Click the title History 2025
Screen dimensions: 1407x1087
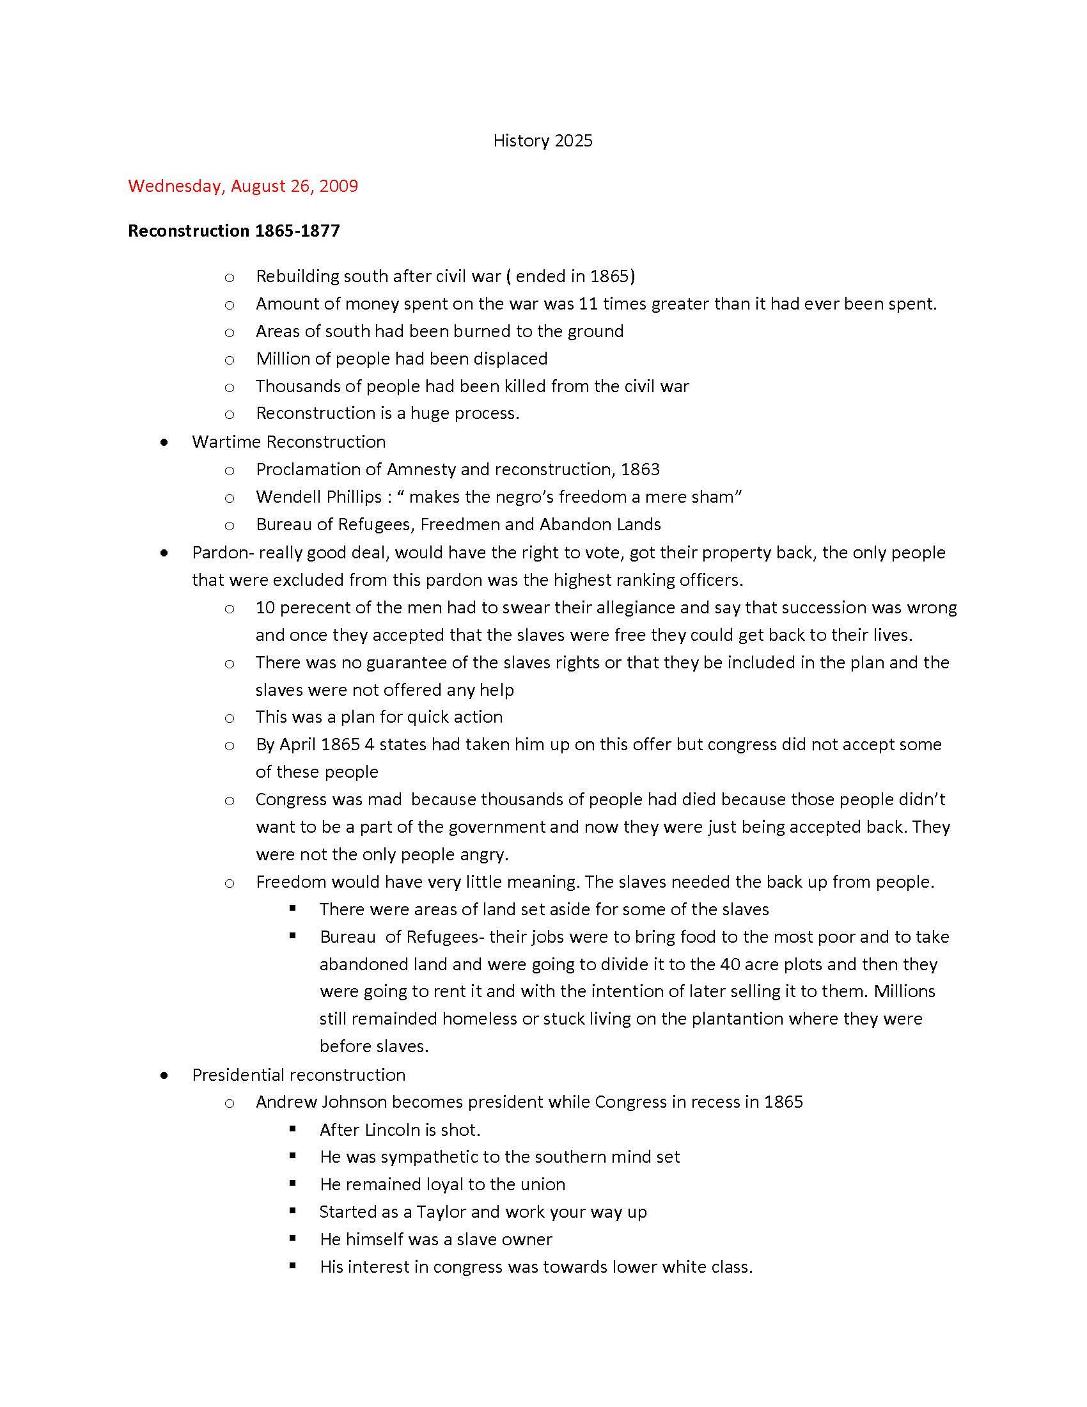click(542, 141)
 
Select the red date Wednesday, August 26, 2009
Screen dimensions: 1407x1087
click(243, 186)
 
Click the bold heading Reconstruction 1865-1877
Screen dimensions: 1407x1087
click(234, 231)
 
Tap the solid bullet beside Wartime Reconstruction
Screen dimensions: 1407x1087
click(166, 443)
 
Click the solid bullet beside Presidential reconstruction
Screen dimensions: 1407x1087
click(166, 1075)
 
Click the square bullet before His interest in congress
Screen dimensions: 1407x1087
click(293, 1265)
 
